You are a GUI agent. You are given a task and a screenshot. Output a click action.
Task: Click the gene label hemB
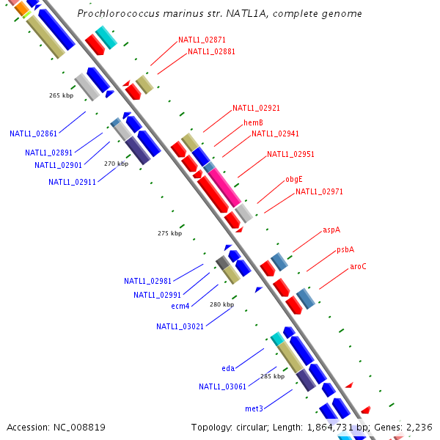coord(253,122)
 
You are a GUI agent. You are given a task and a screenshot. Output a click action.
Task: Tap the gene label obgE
coord(293,180)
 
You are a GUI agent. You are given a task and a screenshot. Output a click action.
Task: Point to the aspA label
coord(331,230)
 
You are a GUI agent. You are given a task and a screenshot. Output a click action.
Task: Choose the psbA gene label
coord(345,249)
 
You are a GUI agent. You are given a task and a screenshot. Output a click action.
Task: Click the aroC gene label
coord(358,266)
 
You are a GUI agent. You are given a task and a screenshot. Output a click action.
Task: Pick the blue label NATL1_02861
coord(33,133)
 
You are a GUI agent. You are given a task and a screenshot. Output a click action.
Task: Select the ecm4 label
coord(180,306)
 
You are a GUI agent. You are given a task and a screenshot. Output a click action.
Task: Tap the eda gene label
coord(228,368)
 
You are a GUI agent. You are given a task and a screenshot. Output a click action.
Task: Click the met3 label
coord(254,408)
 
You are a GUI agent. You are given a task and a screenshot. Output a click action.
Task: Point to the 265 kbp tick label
coord(62,95)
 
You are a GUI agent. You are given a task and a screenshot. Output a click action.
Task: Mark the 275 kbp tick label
coord(169,233)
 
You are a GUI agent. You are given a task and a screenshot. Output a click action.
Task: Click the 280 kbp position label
coord(221,304)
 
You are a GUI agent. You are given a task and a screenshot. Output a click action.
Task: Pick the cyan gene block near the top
coord(106,36)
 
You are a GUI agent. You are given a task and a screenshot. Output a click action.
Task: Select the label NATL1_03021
coord(180,326)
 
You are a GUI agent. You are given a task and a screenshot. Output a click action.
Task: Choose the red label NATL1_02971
coord(319,191)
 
